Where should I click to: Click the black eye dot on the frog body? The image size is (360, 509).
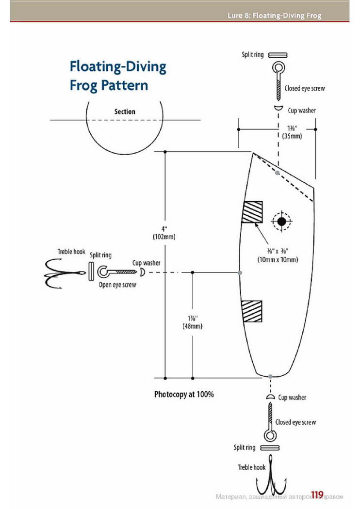[282, 222]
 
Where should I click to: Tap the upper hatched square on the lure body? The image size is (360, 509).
[252, 212]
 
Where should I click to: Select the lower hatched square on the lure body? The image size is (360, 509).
[252, 311]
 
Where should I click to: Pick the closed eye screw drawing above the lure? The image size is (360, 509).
[278, 81]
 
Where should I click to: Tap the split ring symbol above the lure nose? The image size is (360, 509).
[278, 55]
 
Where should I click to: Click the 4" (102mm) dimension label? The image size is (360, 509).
[164, 233]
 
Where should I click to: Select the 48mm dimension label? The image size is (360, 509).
[193, 326]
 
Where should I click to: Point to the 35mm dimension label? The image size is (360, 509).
[292, 136]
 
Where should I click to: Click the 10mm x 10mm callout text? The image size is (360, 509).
[278, 259]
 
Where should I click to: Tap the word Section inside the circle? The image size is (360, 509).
[125, 111]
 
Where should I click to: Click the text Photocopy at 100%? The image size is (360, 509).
[184, 395]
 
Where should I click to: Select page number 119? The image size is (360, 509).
[317, 494]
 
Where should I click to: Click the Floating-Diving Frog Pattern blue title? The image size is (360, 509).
[118, 76]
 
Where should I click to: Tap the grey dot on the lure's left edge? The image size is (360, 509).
[240, 272]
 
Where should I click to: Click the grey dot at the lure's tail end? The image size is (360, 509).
[270, 377]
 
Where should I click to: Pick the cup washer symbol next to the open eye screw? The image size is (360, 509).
[142, 272]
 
